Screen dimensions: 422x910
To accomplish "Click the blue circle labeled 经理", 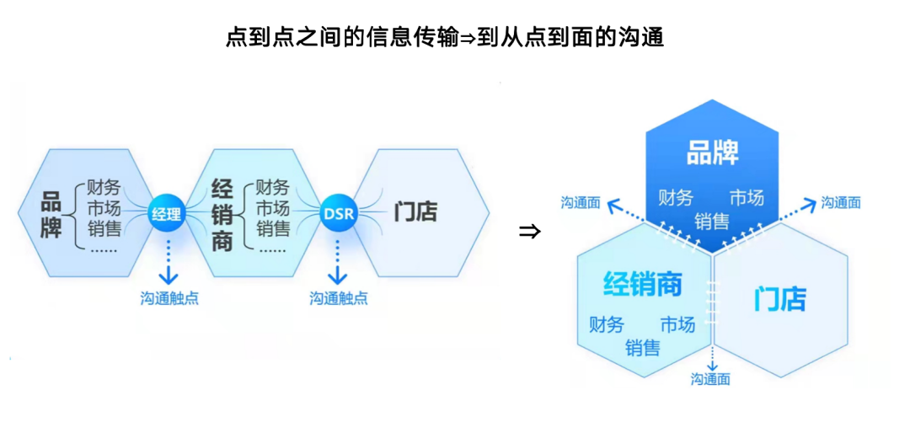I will [166, 213].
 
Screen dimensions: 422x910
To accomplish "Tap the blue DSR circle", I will [339, 213].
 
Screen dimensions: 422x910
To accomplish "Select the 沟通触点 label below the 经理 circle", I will [169, 297].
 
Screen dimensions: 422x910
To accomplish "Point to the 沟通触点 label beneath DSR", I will [339, 297].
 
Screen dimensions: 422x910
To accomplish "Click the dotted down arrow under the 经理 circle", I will [169, 261].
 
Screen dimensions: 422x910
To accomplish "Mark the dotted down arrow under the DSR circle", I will [338, 261].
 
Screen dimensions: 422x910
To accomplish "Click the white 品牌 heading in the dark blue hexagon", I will [712, 153].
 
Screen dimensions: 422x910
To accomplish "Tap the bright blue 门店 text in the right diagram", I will [779, 298].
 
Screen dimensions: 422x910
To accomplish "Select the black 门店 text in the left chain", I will [415, 212].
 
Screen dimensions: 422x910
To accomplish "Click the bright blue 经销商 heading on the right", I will [642, 285].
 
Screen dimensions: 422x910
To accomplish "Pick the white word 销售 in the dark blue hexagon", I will [712, 222].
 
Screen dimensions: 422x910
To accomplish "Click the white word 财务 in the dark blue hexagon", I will [676, 198].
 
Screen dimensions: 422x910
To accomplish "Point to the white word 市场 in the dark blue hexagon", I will [747, 198].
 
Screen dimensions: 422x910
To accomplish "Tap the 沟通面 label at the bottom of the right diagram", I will [710, 379].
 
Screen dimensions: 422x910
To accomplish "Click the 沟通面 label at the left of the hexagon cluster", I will [581, 202].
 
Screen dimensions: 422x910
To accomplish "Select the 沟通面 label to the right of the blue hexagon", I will [841, 202].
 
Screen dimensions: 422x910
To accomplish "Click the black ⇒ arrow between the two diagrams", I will [529, 231].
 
